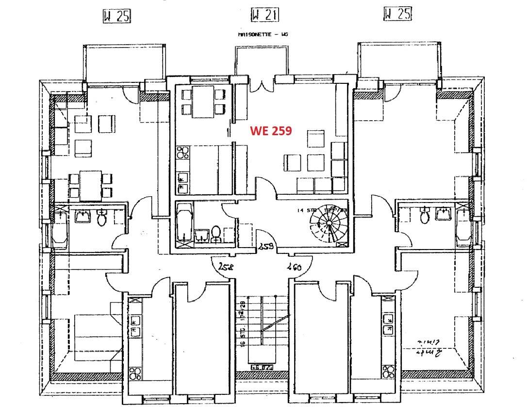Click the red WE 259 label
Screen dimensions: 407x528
coord(271,130)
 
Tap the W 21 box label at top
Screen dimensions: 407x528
coord(264,16)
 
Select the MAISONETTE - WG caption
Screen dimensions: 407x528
coord(262,35)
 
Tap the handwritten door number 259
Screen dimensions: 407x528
coord(265,246)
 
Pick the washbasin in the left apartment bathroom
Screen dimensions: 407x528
coord(83,216)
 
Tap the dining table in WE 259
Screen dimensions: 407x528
coord(203,101)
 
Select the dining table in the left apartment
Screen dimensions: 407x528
coord(91,186)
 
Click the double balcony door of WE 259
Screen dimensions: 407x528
coord(262,84)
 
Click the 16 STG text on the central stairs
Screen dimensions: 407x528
coord(241,334)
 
